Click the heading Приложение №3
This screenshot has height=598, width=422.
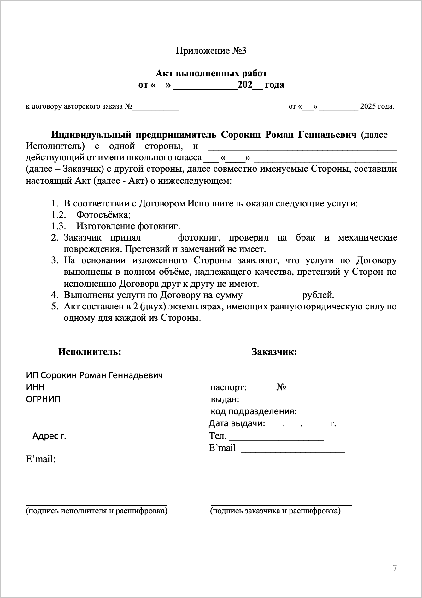pos(211,51)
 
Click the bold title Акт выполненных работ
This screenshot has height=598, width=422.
pos(211,74)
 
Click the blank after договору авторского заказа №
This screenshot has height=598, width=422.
pos(155,107)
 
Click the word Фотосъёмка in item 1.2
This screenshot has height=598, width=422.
pos(103,215)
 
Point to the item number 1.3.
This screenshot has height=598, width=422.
pos(58,226)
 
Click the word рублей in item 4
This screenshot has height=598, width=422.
pos(318,295)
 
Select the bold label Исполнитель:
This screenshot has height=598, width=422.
pos(90,352)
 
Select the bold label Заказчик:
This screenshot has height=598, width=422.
pos(274,352)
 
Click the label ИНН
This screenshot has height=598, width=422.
pos(35,387)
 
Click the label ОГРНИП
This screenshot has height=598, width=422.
pos(43,399)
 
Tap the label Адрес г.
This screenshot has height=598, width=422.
pos(49,436)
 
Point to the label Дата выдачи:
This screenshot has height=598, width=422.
pos(237,423)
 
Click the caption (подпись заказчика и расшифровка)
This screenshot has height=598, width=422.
pos(275,511)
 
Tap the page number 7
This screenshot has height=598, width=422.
pos(395,568)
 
